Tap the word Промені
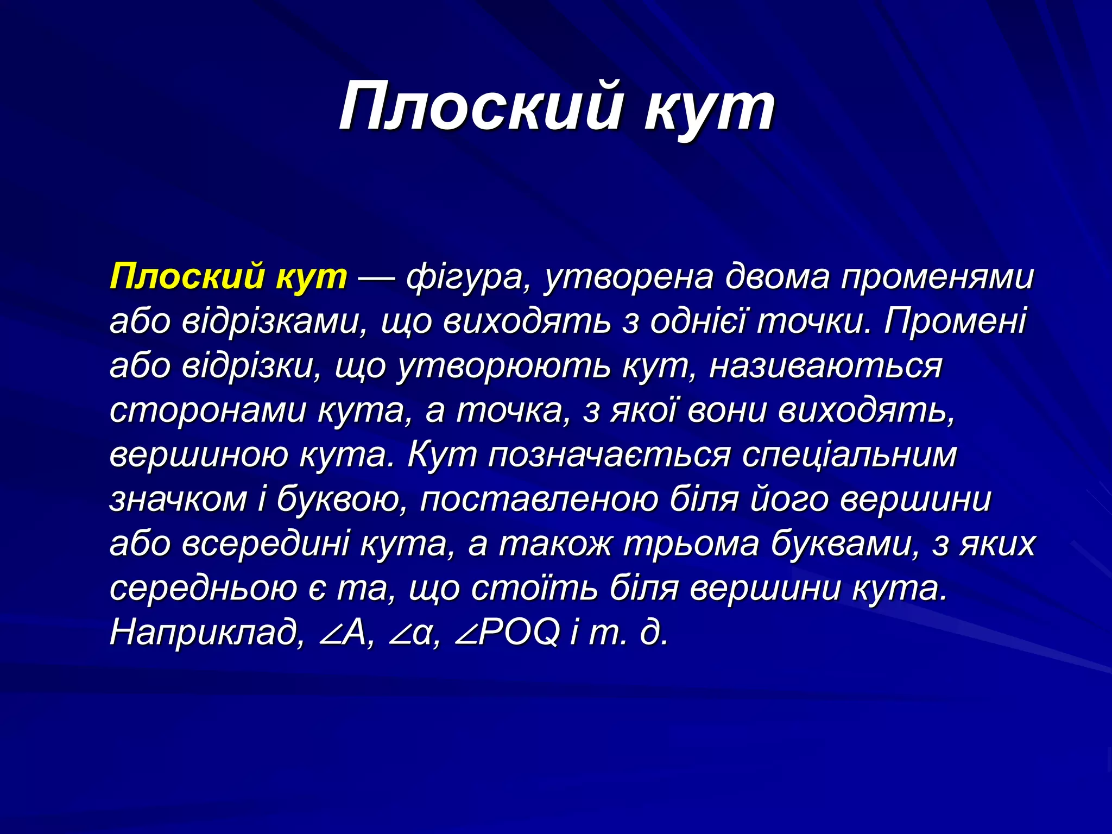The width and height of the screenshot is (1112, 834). (x=955, y=321)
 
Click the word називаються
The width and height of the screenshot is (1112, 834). (x=825, y=367)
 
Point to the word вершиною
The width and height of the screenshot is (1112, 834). (x=199, y=455)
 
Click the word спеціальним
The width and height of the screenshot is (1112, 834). (x=849, y=455)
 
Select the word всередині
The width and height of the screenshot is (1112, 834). (x=266, y=544)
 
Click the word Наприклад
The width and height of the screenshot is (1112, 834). (x=207, y=633)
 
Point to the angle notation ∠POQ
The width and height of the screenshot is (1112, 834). (x=508, y=633)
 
